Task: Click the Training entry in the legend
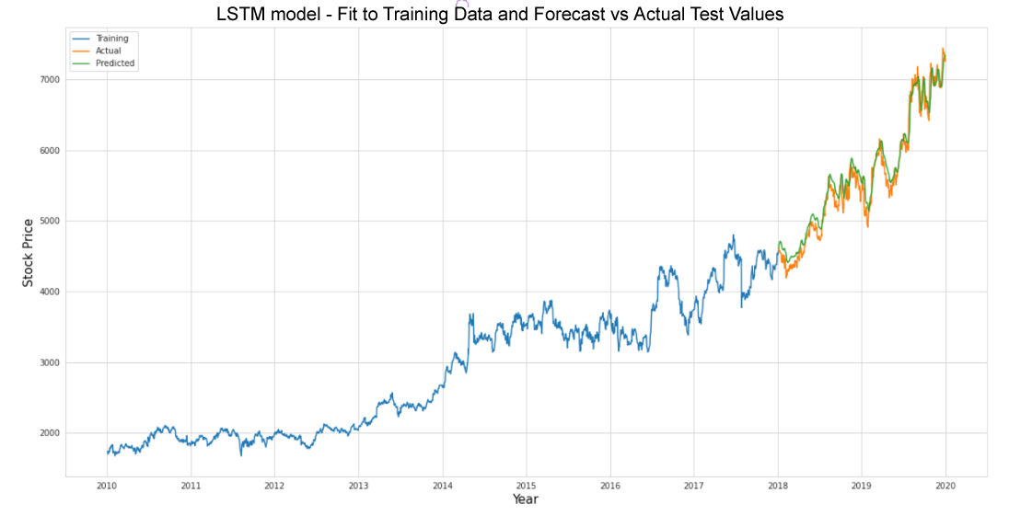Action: pos(111,39)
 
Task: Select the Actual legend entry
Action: pos(108,51)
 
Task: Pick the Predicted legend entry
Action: pos(114,63)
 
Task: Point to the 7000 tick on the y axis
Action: pos(48,80)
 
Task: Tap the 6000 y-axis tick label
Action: pos(48,151)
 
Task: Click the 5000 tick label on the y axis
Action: pos(48,222)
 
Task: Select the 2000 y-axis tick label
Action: pos(48,433)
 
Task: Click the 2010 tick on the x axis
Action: pos(107,485)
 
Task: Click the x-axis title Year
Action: pos(525,499)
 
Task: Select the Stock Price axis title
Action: pos(29,252)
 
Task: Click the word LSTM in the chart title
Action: pos(242,15)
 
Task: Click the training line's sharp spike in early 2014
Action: pos(470,315)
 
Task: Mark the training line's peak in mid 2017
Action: pos(733,235)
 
